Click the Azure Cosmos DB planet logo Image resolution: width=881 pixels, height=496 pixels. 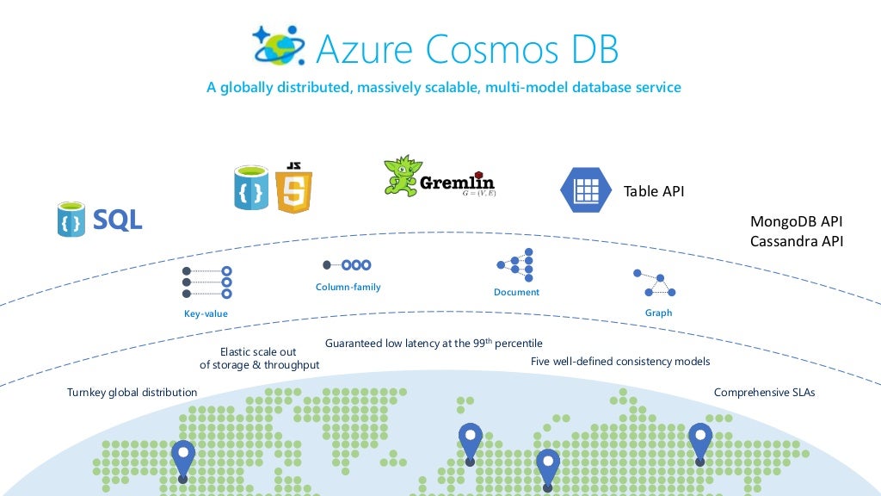[x=276, y=46]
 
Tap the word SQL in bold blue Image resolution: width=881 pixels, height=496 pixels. [x=118, y=220]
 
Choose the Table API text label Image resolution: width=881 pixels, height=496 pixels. [x=654, y=191]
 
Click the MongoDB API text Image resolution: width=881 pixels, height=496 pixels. [x=797, y=222]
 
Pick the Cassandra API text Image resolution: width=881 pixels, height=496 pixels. [x=797, y=242]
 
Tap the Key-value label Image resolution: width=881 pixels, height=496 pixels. [x=206, y=313]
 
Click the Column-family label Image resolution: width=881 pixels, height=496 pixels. [x=348, y=287]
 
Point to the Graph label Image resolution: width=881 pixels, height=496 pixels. [x=658, y=313]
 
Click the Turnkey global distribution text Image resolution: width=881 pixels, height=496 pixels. [x=132, y=393]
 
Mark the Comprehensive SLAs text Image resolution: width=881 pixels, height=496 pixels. [x=764, y=393]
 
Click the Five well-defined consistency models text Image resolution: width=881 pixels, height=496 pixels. [x=620, y=362]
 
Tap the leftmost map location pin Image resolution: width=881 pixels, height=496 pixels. [x=183, y=459]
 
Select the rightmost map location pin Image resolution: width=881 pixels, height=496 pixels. [x=699, y=443]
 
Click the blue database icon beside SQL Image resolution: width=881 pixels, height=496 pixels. [x=71, y=220]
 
